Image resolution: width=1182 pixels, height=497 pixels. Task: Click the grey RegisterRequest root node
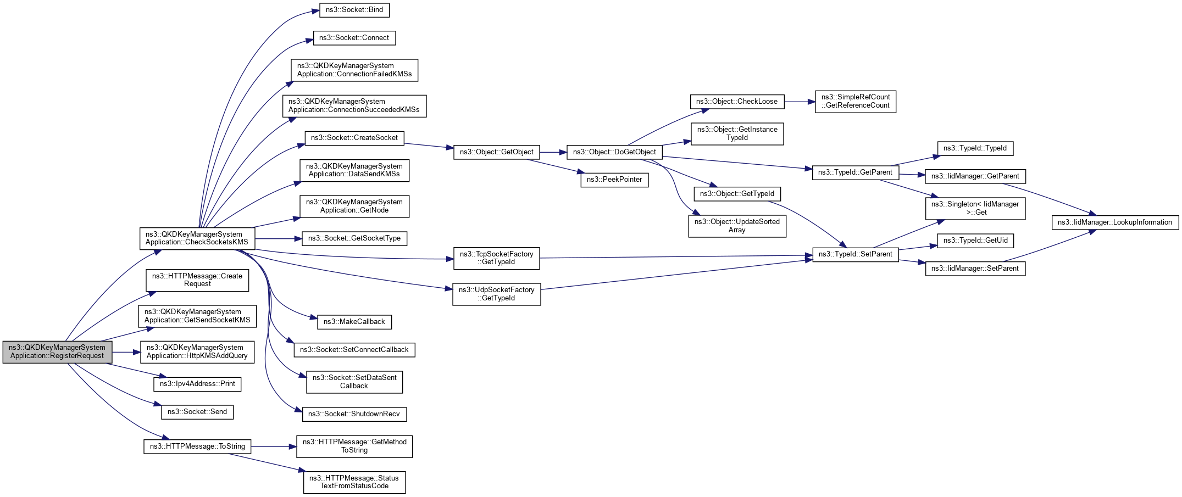point(57,351)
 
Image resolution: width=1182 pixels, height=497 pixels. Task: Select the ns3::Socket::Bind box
point(354,10)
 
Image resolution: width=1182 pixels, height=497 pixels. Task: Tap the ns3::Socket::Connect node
point(354,38)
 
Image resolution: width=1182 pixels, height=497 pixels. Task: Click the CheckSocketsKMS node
point(197,238)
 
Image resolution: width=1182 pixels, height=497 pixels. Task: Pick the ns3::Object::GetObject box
point(496,152)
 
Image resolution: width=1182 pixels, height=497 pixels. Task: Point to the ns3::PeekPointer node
point(614,180)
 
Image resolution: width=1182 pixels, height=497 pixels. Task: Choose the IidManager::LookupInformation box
point(1114,222)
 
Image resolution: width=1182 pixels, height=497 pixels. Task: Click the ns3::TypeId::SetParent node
point(855,254)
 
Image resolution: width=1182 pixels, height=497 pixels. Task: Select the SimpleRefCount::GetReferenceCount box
point(855,102)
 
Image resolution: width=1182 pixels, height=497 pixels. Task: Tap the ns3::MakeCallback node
point(354,322)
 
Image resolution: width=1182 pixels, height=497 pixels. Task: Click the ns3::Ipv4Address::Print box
point(197,384)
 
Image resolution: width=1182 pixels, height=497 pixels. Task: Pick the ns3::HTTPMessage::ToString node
point(197,446)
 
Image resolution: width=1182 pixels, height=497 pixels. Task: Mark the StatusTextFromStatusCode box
point(354,482)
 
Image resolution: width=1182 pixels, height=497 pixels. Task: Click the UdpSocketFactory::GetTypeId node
point(496,294)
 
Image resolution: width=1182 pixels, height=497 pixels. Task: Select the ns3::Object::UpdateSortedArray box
point(737,226)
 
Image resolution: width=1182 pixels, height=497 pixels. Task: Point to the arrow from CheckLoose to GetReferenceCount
point(800,102)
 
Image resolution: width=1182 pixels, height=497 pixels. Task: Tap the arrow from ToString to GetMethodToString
point(274,446)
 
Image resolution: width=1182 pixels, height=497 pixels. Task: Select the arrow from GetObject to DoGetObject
point(553,152)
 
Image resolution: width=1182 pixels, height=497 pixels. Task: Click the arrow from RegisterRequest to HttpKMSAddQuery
point(126,352)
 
